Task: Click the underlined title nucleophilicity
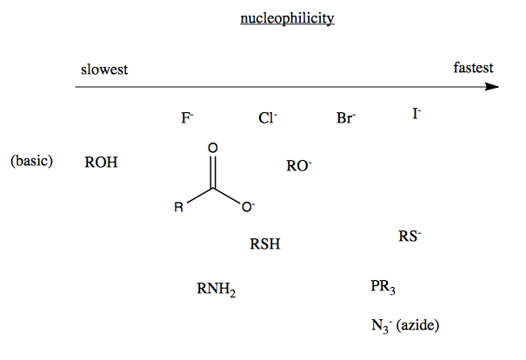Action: coord(287,18)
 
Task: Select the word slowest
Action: coord(104,70)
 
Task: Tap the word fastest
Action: coord(473,68)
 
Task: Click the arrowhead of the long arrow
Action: coord(492,87)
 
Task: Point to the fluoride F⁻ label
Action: coord(187,118)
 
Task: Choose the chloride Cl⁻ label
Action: coord(268,118)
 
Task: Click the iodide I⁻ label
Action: coord(417,114)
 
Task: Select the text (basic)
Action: coord(32,161)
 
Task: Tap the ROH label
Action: coord(101,162)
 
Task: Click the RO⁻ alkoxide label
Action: coord(298,166)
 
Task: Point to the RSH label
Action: coord(265,244)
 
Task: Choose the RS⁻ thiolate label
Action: coord(409,236)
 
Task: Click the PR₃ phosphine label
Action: coord(383,287)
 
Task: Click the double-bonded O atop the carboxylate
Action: coord(213,148)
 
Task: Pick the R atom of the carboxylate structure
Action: coord(178,207)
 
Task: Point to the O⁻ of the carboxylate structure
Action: coord(248,207)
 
